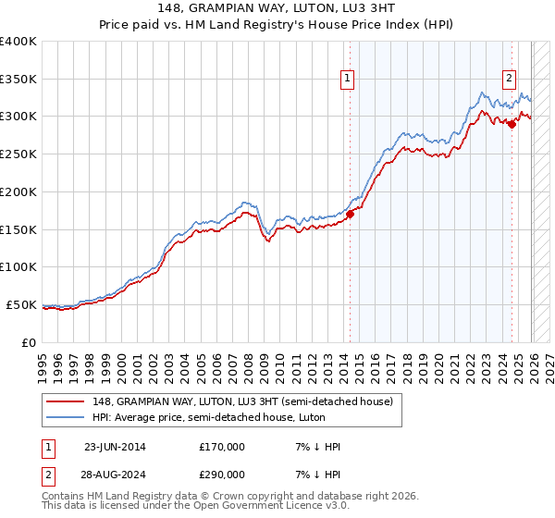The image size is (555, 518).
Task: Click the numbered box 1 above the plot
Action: (x=347, y=80)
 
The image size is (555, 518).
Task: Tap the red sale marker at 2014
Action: (x=350, y=215)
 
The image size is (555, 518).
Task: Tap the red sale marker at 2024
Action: (x=512, y=124)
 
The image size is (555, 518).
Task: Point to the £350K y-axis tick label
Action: (x=18, y=80)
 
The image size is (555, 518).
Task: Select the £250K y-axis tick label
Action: (x=18, y=154)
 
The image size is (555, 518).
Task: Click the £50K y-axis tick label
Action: (x=21, y=304)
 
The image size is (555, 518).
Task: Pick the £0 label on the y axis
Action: (x=31, y=342)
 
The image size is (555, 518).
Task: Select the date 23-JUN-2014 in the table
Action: (x=115, y=447)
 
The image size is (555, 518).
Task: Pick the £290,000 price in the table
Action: (x=221, y=474)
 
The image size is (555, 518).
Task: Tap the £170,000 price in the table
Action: (x=221, y=447)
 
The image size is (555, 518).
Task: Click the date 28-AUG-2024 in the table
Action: (x=115, y=474)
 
